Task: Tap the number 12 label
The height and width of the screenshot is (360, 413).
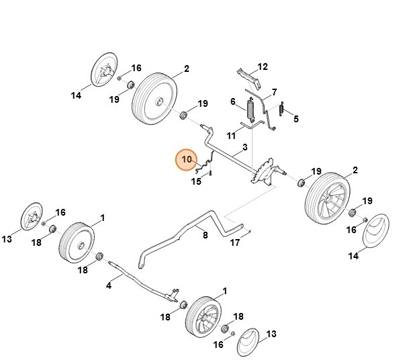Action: (263, 66)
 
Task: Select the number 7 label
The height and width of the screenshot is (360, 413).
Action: (274, 91)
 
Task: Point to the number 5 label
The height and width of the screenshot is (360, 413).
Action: (297, 119)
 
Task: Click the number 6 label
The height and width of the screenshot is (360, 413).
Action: (233, 102)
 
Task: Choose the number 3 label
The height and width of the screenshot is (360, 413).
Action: (245, 146)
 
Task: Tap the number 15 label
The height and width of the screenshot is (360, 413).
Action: (197, 181)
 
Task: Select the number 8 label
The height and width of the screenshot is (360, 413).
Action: (205, 235)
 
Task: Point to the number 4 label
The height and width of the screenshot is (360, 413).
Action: (109, 285)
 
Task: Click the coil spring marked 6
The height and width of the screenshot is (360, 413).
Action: (251, 109)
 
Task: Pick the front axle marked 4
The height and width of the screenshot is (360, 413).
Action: (141, 278)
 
